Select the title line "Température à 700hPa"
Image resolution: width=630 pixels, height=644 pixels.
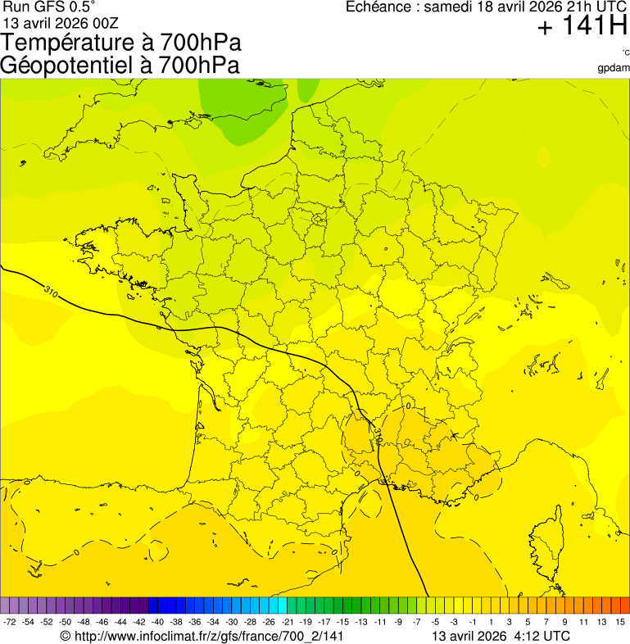122,43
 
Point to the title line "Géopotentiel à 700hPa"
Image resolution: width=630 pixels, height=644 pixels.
120,65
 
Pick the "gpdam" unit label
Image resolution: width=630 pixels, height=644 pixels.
614,67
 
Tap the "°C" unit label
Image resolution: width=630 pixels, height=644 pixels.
625,52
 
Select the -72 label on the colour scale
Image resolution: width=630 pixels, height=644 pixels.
9,623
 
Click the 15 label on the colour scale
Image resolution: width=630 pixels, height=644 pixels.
621,623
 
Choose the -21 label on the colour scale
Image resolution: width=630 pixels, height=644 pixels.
287,623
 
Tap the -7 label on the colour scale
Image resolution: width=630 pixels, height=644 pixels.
416,623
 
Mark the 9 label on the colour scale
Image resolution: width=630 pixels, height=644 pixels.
565,623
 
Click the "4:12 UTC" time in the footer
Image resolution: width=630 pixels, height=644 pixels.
542,636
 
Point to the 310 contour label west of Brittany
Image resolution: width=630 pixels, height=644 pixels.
51,292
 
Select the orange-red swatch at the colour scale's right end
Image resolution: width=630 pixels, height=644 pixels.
624,605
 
